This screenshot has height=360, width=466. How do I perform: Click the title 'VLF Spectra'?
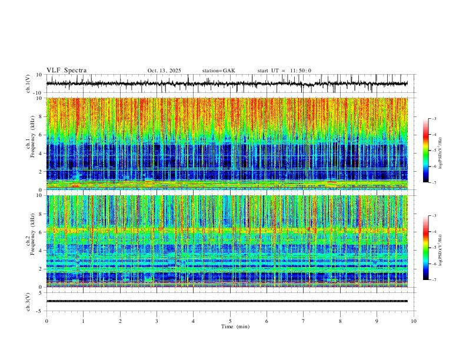66,71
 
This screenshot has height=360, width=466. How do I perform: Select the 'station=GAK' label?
219,71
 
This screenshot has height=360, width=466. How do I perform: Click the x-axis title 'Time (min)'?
230,326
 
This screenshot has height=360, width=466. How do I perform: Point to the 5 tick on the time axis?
230,321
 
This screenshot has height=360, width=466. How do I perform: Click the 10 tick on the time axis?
414,321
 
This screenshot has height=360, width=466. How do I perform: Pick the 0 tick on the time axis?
46,321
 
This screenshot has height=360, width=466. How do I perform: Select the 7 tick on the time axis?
304,321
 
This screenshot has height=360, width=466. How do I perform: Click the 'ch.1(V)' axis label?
28,84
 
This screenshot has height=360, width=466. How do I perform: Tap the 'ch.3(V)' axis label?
28,301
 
